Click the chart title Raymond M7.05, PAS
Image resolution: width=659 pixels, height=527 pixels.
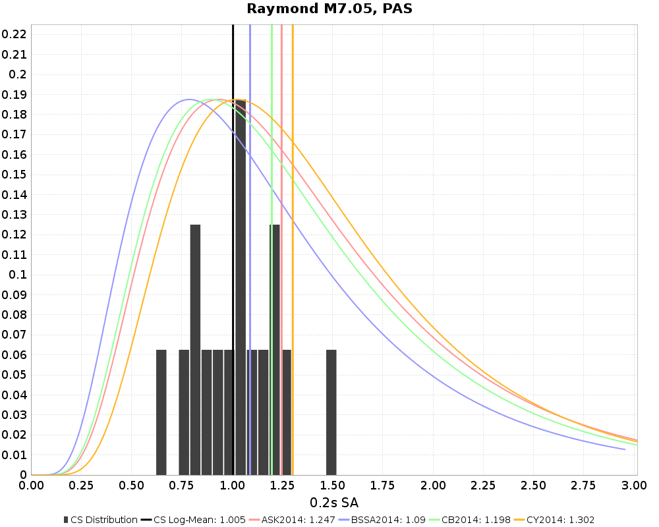click(329, 9)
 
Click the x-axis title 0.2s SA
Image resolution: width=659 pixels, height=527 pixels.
click(334, 503)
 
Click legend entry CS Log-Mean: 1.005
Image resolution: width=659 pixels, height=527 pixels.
click(196, 520)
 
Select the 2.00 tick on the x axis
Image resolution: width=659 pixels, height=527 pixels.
click(433, 486)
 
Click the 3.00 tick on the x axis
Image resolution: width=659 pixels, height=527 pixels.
click(633, 486)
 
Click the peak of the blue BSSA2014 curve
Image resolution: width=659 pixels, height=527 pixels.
click(189, 99)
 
